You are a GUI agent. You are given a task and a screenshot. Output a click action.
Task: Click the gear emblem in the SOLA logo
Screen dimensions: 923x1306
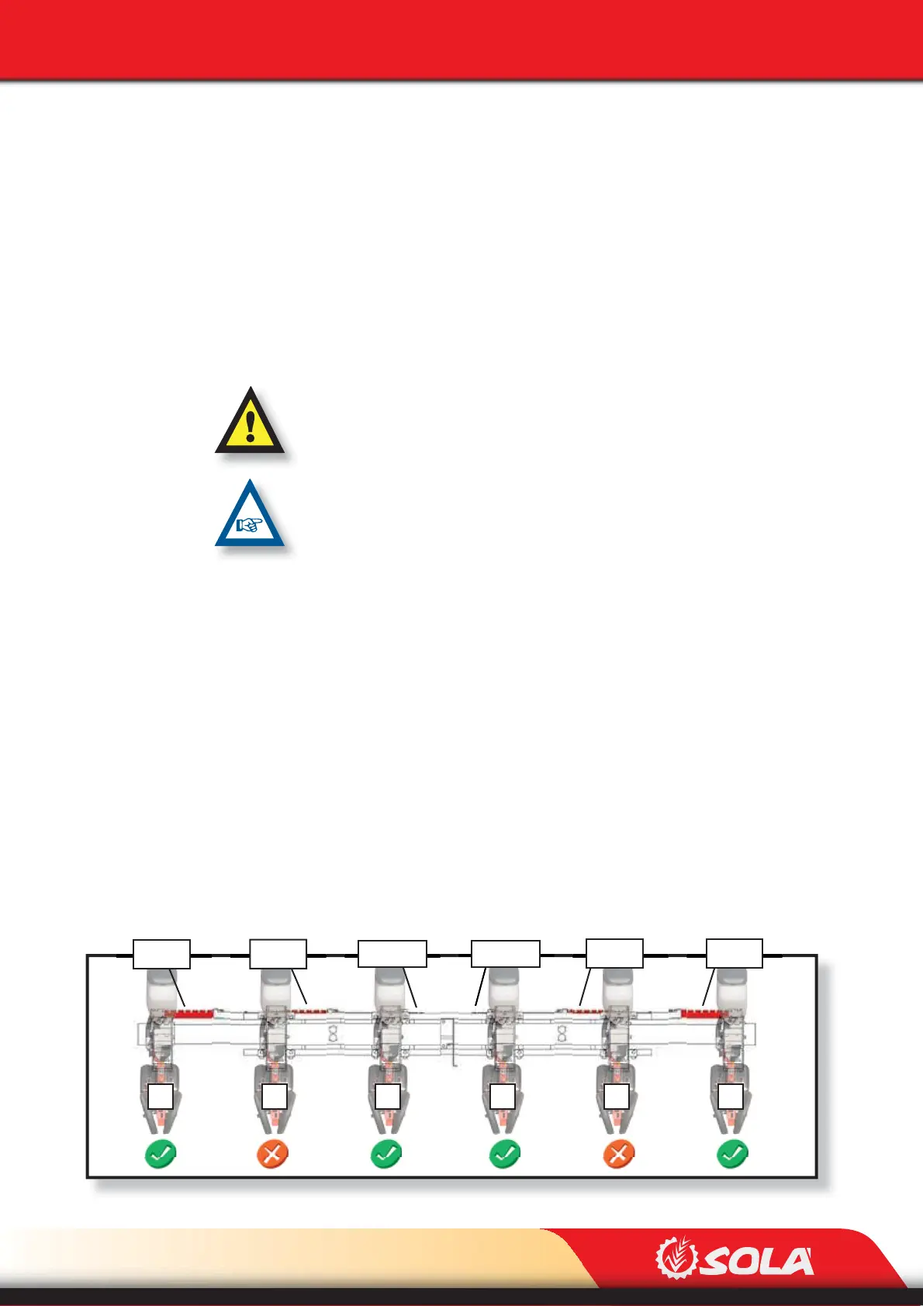pos(675,1258)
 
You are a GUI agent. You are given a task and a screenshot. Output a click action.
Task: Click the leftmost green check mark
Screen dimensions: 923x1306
pos(160,1154)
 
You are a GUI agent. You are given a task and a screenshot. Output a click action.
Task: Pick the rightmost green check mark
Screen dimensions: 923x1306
pos(731,1154)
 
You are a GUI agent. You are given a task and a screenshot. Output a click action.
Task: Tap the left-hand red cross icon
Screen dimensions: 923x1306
pos(272,1154)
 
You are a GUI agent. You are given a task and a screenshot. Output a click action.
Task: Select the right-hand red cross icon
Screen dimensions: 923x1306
pos(618,1154)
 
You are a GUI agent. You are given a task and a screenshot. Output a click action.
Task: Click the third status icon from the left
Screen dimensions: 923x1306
pos(386,1154)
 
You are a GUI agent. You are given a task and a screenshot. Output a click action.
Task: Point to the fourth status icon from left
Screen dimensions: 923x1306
pos(505,1154)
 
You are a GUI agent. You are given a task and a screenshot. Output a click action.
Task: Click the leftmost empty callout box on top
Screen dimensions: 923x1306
pos(161,954)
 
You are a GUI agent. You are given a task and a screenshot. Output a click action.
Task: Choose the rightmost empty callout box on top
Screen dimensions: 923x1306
pos(734,953)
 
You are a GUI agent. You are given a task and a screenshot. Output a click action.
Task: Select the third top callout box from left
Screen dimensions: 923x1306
pos(392,954)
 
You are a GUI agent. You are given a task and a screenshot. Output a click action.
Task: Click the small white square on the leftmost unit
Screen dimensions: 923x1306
pos(161,1097)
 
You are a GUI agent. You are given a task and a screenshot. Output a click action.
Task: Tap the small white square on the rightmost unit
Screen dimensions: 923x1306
pos(731,1097)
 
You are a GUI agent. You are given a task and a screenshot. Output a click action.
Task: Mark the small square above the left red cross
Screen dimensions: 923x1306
pos(275,1097)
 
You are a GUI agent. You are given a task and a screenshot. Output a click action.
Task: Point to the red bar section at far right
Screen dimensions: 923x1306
pos(701,1013)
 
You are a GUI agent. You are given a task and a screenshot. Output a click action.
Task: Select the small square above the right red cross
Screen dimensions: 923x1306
pos(617,1097)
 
